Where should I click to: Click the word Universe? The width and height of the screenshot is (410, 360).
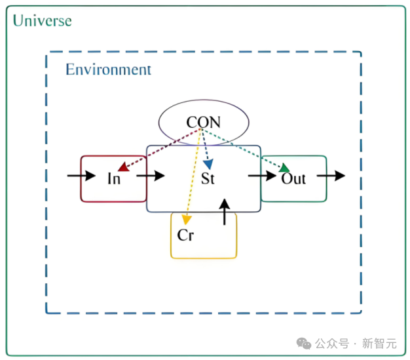pyautogui.click(x=43, y=20)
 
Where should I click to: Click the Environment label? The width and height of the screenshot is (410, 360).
pyautogui.click(x=108, y=70)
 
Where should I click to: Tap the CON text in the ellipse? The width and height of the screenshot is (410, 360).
pyautogui.click(x=203, y=122)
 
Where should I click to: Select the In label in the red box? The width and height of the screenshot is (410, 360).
pyautogui.click(x=114, y=178)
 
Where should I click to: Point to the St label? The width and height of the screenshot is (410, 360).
pyautogui.click(x=208, y=178)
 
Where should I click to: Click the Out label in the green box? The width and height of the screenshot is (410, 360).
pyautogui.click(x=293, y=178)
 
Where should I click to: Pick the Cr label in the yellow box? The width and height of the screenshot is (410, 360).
pyautogui.click(x=185, y=235)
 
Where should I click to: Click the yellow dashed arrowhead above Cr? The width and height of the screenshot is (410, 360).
pyautogui.click(x=187, y=219)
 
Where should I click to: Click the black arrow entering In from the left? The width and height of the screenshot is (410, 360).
pyautogui.click(x=81, y=176)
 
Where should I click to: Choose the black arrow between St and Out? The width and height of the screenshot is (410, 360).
pyautogui.click(x=261, y=176)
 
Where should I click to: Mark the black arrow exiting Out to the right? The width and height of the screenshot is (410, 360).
pyautogui.click(x=331, y=176)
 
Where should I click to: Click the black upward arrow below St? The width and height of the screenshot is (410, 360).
pyautogui.click(x=225, y=210)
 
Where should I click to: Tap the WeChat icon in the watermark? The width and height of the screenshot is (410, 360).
pyautogui.click(x=304, y=343)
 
